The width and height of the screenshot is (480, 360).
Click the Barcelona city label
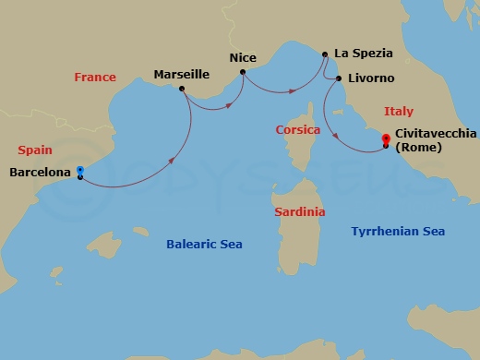(x=40, y=172)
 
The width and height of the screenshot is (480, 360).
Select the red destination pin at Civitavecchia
(x=385, y=140)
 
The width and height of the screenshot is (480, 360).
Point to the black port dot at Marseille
(x=181, y=89)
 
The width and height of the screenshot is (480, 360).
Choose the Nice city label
(x=243, y=57)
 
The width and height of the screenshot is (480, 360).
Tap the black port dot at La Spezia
(x=325, y=54)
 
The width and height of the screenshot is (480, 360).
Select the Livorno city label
(x=371, y=78)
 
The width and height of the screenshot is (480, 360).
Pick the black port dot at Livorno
(x=339, y=78)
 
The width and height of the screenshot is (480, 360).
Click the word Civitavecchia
(x=436, y=134)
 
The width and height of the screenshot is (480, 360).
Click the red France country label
(x=96, y=78)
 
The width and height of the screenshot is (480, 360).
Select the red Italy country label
(x=399, y=111)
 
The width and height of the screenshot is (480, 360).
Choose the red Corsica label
(x=298, y=130)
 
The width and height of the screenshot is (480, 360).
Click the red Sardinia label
(x=300, y=212)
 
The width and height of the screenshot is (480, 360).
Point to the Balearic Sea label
(x=204, y=244)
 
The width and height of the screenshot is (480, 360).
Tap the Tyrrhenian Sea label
(x=399, y=232)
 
